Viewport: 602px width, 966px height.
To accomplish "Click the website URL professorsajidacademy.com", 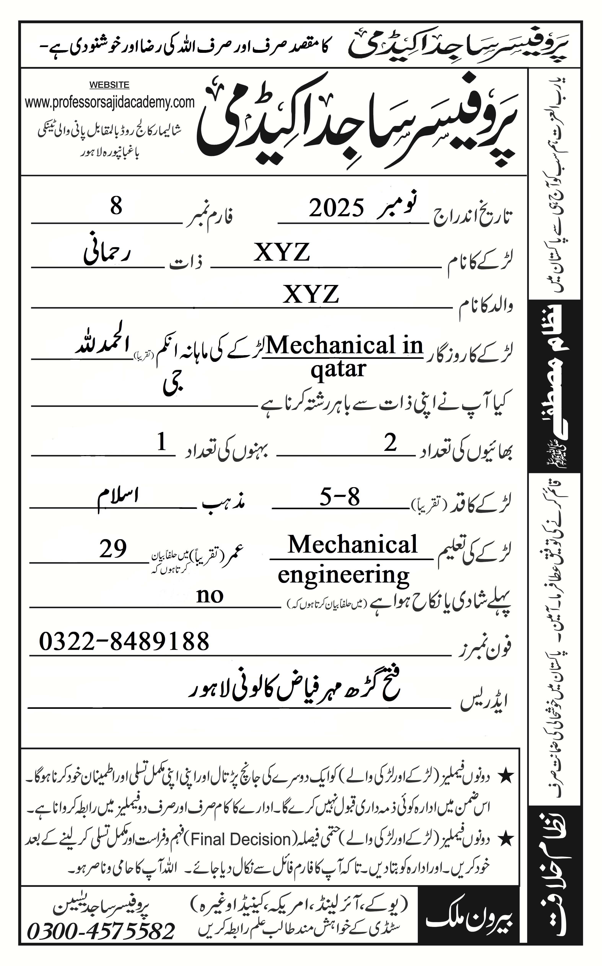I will click(x=109, y=102).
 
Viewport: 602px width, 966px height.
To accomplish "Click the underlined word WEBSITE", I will click(x=109, y=85).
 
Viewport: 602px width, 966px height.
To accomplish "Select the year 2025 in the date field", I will click(x=336, y=208).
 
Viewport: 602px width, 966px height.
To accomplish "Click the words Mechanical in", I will click(x=344, y=346).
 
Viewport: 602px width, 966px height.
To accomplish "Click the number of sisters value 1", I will click(x=162, y=442).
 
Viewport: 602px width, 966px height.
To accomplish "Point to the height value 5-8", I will click(x=340, y=497).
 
